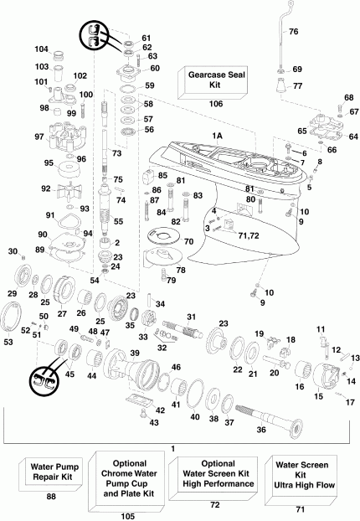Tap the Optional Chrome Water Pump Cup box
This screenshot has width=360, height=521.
point(126,474)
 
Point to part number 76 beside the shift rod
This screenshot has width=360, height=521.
point(293,31)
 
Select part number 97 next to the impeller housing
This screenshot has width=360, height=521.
point(15,137)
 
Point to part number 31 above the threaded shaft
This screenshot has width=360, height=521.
point(190,316)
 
